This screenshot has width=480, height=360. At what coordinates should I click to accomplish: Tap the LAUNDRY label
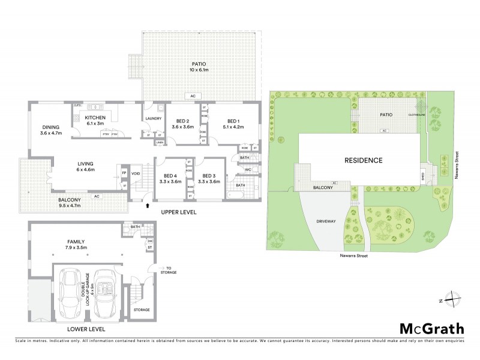[154, 118]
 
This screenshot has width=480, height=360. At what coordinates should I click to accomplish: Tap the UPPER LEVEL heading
[178, 213]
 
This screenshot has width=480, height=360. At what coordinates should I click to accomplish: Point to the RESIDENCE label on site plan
[363, 160]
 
